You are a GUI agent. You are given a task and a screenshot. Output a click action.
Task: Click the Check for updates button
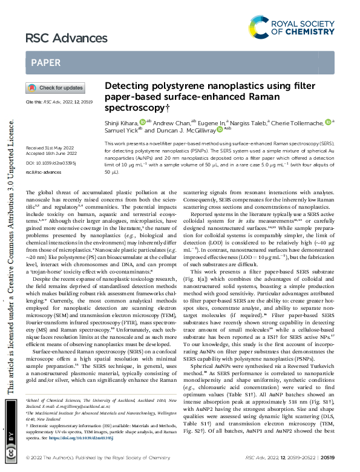[55, 88]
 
